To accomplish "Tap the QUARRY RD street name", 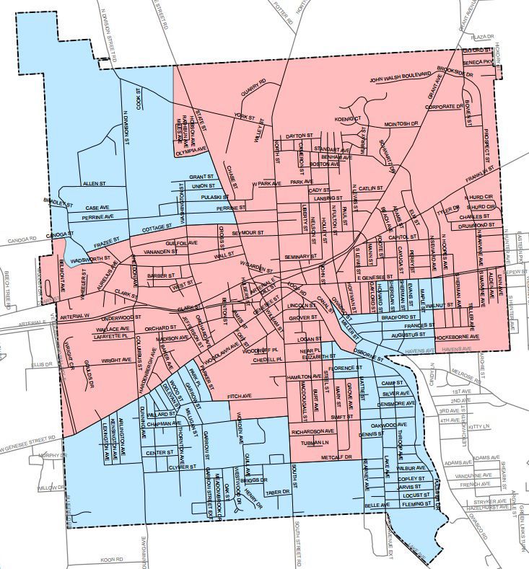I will tap(254, 88).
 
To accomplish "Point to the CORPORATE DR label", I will tap(443, 106).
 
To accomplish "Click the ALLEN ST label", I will tap(94, 184).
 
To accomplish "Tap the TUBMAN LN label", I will tap(315, 442).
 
